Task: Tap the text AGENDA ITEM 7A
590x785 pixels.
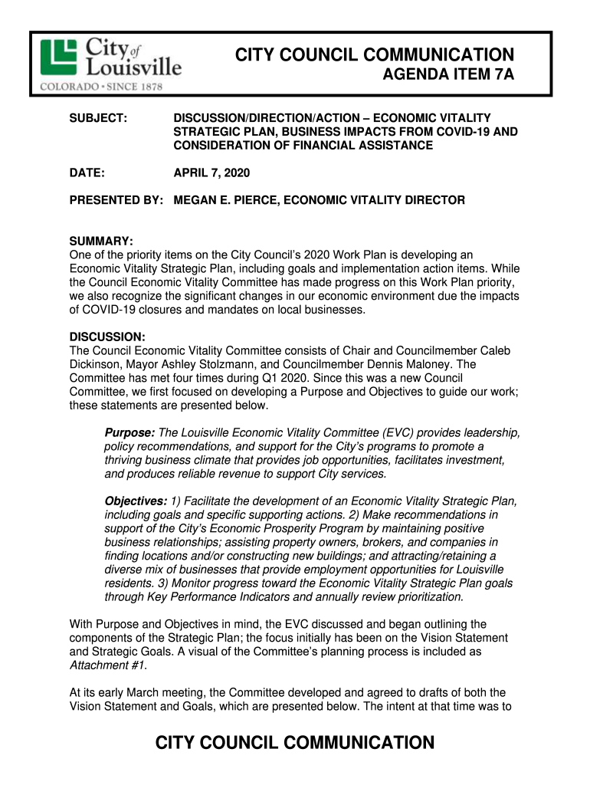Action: [x=448, y=76]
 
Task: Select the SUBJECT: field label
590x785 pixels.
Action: [x=98, y=117]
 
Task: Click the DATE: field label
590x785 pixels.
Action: [x=87, y=173]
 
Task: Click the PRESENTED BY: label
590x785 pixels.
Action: [x=116, y=200]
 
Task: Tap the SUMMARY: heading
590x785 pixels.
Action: [x=101, y=241]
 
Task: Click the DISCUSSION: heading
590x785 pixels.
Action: [x=107, y=337]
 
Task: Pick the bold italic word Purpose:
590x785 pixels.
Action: [x=129, y=433]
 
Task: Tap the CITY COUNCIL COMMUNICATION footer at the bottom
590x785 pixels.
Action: [x=295, y=742]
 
